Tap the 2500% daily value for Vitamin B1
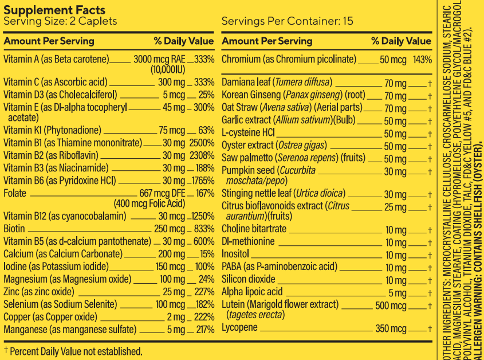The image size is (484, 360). [x=202, y=142]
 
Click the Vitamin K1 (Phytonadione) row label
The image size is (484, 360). [x=52, y=130]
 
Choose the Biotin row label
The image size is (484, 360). [x=14, y=229]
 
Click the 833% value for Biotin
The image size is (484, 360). [x=204, y=229]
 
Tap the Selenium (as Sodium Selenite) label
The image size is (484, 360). [x=60, y=304]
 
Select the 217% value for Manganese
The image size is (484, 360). [x=204, y=330]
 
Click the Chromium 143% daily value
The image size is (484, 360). [x=422, y=60]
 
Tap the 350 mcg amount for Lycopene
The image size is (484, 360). [x=391, y=329]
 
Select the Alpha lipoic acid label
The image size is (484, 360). [x=252, y=292]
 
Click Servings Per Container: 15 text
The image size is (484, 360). [x=287, y=22]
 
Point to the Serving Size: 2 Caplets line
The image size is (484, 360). [x=60, y=22]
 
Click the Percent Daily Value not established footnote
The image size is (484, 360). [x=73, y=351]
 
